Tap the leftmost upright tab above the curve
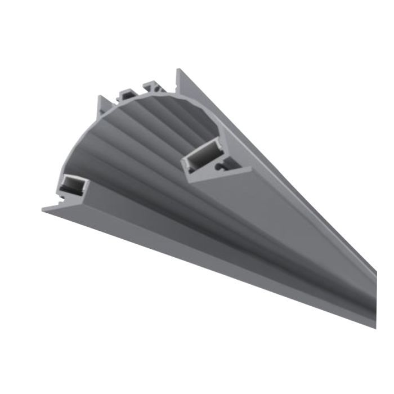click(x=103, y=105)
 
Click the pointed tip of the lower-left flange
click(x=44, y=208)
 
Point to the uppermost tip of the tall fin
click(x=178, y=70)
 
